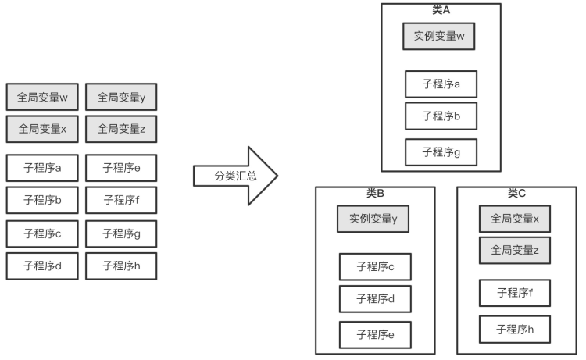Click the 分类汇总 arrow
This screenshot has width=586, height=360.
click(x=234, y=176)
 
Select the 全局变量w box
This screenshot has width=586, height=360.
click(x=42, y=98)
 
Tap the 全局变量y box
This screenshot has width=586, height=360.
click(x=121, y=98)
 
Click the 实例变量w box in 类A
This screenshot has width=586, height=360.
click(x=440, y=36)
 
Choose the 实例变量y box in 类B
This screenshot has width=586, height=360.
click(x=373, y=219)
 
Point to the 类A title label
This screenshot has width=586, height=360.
click(x=441, y=9)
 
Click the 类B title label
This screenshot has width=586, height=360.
click(x=375, y=193)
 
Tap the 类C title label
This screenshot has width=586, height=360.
click(x=516, y=193)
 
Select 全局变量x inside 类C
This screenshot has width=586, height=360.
click(x=515, y=219)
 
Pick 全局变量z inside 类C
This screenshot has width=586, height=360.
click(x=515, y=250)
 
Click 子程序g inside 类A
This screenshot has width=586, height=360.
click(x=441, y=152)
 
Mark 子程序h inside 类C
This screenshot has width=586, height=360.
click(x=515, y=329)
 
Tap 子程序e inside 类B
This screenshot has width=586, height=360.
click(x=375, y=335)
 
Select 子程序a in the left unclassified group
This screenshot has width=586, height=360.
click(x=42, y=167)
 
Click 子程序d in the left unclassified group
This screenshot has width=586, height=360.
click(x=42, y=266)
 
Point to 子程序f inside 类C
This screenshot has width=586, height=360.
click(x=515, y=293)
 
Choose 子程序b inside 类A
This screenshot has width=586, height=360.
click(x=441, y=116)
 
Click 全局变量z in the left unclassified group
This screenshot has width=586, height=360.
click(x=121, y=129)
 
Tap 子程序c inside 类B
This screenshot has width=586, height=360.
click(x=375, y=267)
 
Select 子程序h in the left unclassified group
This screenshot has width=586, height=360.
click(x=121, y=266)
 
